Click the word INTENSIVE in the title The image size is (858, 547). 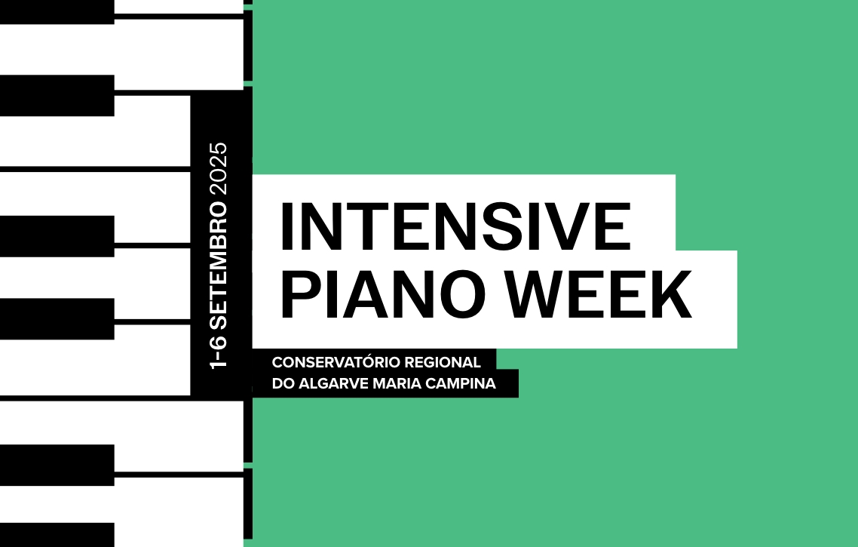tap(456, 226)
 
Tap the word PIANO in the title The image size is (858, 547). tap(382, 293)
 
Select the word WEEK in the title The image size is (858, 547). tap(598, 293)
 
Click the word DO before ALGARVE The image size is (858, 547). tap(282, 383)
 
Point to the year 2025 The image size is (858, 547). tap(219, 171)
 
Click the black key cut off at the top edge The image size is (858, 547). tap(57, 11)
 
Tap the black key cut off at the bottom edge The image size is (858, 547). tap(57, 535)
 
